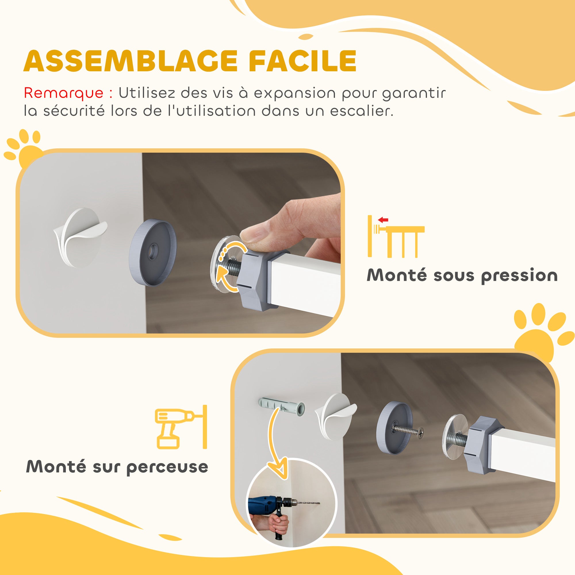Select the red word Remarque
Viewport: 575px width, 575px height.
click(x=63, y=93)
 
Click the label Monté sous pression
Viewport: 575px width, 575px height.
click(x=462, y=275)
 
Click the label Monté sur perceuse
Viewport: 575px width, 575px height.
click(x=117, y=467)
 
